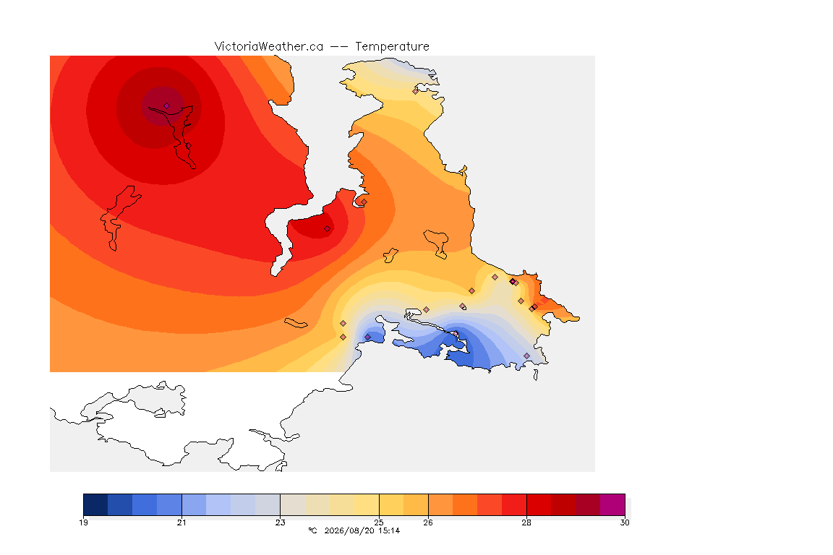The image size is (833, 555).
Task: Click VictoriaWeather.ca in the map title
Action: coord(269,47)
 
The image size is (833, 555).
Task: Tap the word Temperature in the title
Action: coord(392,47)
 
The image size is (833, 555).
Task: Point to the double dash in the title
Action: coord(339,47)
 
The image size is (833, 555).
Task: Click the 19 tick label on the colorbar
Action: coord(83,522)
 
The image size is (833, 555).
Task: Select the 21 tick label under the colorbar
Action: coord(181,522)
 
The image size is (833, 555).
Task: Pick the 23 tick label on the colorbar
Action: coord(280,522)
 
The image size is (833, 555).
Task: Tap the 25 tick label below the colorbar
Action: coord(379,522)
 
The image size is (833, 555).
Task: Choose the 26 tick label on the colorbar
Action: coord(428,522)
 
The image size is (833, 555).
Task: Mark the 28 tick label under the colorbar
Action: coord(526,522)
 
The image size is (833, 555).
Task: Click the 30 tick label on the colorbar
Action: coord(625,522)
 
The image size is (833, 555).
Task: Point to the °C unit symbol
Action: coord(313,530)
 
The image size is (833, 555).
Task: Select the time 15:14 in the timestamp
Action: coord(389,530)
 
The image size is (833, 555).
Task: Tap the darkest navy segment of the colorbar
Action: coord(95,504)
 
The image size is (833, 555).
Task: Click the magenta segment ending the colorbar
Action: coord(612,504)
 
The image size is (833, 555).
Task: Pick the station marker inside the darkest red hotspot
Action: coord(167,106)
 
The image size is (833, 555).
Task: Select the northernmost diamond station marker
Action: coord(416,91)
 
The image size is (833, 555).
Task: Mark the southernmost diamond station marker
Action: coord(526,356)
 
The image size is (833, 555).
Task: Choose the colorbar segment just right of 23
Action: coord(293,504)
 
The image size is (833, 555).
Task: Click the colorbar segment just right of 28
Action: coord(539,504)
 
